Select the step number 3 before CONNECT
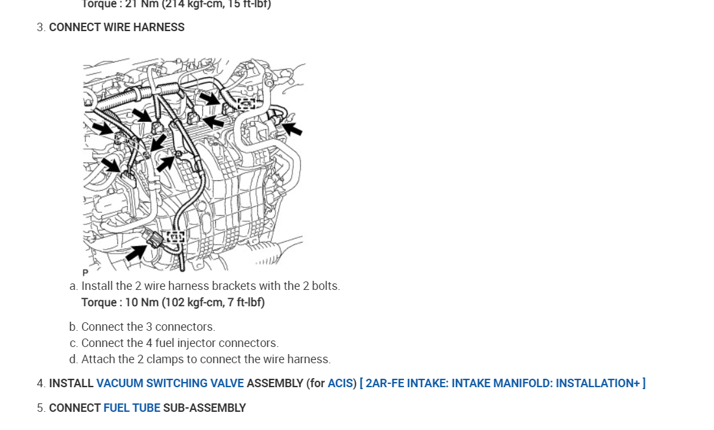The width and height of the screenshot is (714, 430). [40, 27]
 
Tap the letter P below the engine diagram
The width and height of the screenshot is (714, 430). [85, 273]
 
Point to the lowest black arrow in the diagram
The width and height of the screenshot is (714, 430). [136, 252]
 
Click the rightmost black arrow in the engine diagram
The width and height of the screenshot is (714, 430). [292, 128]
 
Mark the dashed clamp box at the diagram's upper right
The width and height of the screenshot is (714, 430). [246, 104]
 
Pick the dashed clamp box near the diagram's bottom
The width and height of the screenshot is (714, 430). [176, 236]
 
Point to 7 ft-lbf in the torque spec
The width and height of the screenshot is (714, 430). [241, 302]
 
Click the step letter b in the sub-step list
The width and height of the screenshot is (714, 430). [73, 327]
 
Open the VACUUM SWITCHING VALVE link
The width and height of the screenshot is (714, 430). [170, 383]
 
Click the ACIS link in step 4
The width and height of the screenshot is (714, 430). [340, 383]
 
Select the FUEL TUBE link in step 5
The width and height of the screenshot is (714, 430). [132, 408]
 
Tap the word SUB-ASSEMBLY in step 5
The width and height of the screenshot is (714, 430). [204, 408]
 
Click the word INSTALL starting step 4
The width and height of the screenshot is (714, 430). [71, 383]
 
